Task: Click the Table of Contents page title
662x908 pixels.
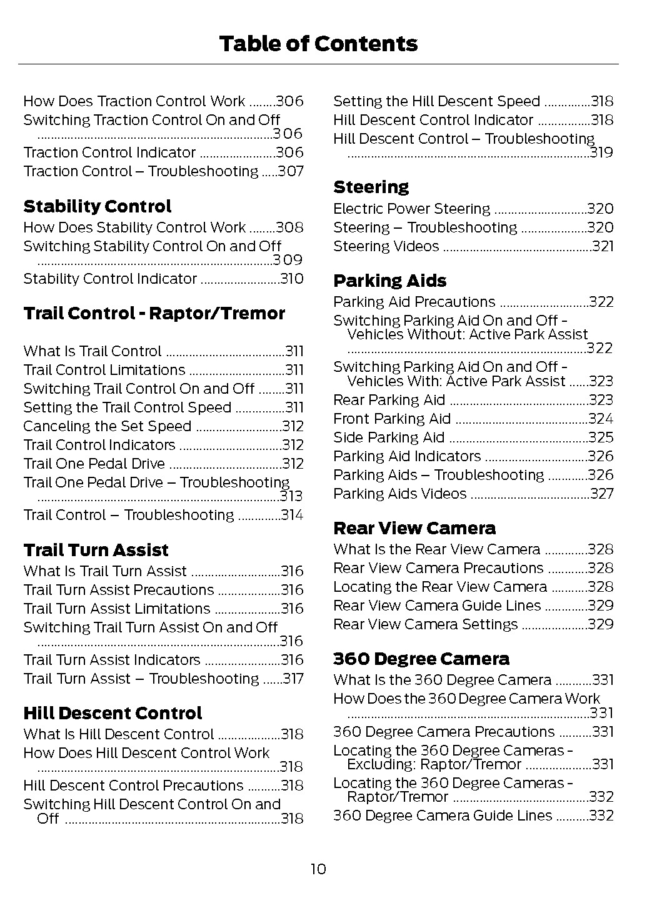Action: click(318, 44)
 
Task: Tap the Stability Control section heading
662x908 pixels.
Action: click(97, 207)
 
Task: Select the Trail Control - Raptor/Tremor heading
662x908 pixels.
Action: click(154, 314)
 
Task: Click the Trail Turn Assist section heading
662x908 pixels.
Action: click(96, 551)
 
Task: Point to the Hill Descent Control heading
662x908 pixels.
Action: click(113, 714)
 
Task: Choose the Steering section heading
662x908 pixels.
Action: click(371, 187)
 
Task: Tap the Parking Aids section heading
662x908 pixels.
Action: click(389, 281)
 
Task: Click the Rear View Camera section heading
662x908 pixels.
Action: click(414, 529)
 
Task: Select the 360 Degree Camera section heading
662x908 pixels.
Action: click(421, 659)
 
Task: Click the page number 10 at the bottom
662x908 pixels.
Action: click(318, 869)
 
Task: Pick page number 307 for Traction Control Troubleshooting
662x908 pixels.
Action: click(291, 172)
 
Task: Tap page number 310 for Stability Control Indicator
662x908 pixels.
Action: click(291, 279)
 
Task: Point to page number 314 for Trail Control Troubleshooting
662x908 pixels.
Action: click(291, 516)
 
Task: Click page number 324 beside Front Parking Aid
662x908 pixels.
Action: click(601, 419)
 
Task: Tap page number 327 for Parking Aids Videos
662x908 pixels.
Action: click(601, 494)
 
